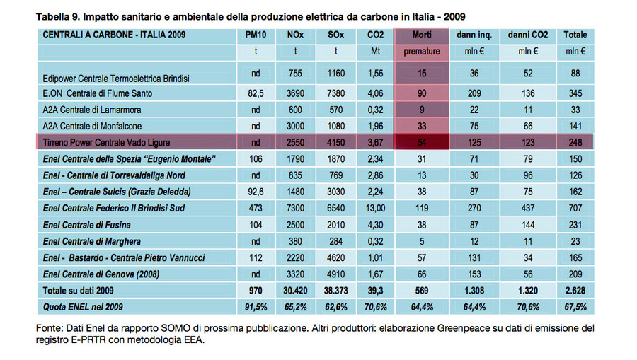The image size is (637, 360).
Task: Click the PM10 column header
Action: tap(256, 35)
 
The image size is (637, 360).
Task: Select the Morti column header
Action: tap(421, 35)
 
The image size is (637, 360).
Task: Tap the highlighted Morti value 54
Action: tap(421, 143)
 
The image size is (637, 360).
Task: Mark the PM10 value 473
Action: tap(256, 208)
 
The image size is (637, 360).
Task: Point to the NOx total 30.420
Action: tap(295, 290)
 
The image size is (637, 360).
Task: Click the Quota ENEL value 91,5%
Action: tap(256, 306)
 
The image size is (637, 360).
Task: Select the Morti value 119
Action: tap(421, 208)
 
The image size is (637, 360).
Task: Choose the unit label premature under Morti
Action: tap(421, 52)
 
